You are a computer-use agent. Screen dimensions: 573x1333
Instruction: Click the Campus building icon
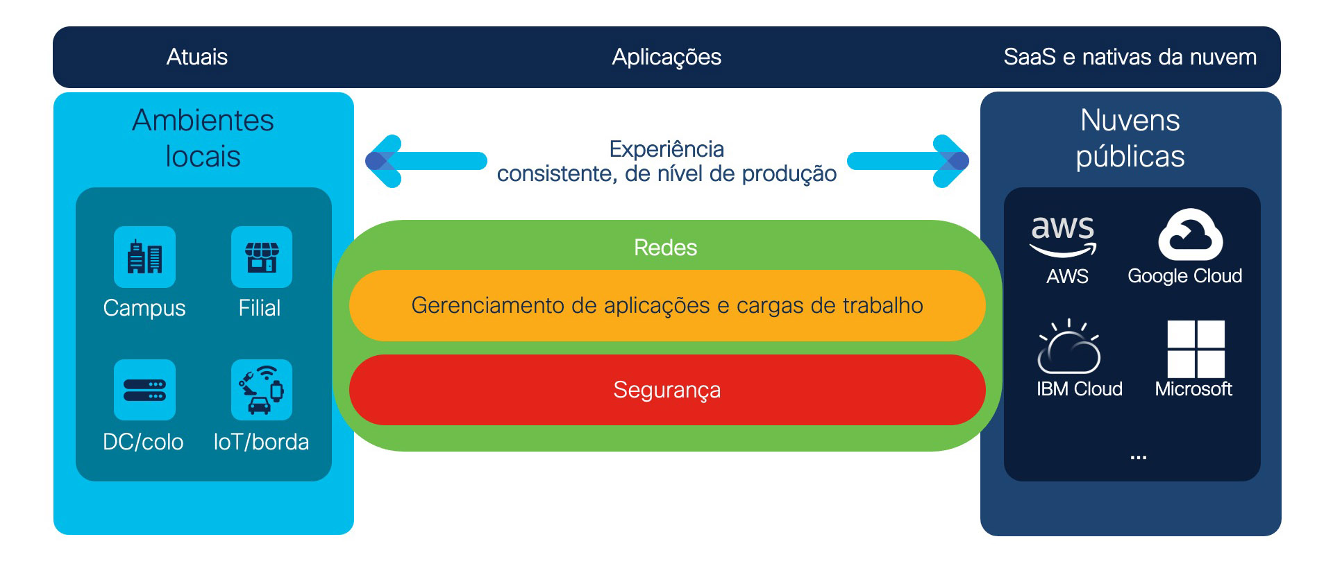point(144,257)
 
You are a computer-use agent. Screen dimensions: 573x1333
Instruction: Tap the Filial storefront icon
point(262,257)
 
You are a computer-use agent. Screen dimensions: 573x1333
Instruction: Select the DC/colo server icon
point(144,390)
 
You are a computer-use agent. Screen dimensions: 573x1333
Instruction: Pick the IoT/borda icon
point(262,390)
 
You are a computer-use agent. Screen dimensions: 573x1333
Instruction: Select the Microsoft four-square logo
point(1196,348)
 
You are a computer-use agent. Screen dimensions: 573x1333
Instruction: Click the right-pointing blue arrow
point(909,161)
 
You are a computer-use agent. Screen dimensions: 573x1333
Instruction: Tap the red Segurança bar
point(666,390)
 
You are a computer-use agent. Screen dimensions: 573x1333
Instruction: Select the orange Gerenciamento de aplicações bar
point(666,305)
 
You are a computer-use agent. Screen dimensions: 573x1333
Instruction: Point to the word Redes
point(665,248)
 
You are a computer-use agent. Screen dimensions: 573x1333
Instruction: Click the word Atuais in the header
point(197,57)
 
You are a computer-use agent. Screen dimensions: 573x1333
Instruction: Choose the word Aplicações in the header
point(666,57)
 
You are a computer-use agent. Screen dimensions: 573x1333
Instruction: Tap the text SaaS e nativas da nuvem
point(1130,57)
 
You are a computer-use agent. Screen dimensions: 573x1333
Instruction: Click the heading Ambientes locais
point(203,138)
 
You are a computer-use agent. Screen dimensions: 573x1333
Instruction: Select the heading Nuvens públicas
point(1130,138)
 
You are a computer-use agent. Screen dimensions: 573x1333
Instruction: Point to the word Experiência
point(666,149)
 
